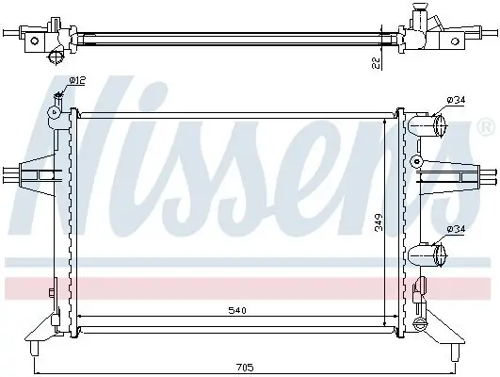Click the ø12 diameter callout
point(75,81)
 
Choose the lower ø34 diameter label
point(457,228)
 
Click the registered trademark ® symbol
point(486,125)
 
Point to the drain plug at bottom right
point(421,325)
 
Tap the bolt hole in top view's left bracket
point(35,39)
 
